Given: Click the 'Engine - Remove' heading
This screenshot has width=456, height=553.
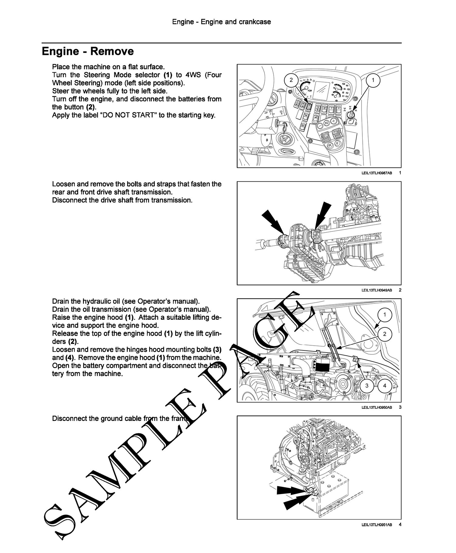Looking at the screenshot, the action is click(88, 51).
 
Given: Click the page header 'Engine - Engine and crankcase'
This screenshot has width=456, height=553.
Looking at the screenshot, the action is click(221, 22).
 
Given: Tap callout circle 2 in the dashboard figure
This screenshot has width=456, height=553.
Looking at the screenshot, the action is click(291, 80).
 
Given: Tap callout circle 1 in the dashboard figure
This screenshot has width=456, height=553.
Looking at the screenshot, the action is click(373, 80).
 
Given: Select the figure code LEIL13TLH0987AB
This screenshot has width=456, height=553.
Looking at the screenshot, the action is click(377, 173).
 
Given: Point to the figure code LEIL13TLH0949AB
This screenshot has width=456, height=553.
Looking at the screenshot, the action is click(377, 290).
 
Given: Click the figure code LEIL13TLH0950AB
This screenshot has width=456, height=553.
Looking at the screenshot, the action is click(377, 407).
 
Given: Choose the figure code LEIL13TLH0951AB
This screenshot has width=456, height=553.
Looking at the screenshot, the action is click(377, 524).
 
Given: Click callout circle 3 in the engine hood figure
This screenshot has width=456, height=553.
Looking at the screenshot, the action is click(367, 386).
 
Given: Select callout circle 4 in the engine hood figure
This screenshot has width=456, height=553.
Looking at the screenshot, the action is click(385, 386).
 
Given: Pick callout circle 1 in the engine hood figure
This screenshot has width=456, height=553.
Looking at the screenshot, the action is click(385, 315).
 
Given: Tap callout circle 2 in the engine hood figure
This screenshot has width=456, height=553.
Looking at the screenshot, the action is click(385, 334).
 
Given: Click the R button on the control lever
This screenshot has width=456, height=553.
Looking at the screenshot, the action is click(329, 146).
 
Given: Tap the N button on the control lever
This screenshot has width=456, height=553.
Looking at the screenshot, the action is click(326, 123).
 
